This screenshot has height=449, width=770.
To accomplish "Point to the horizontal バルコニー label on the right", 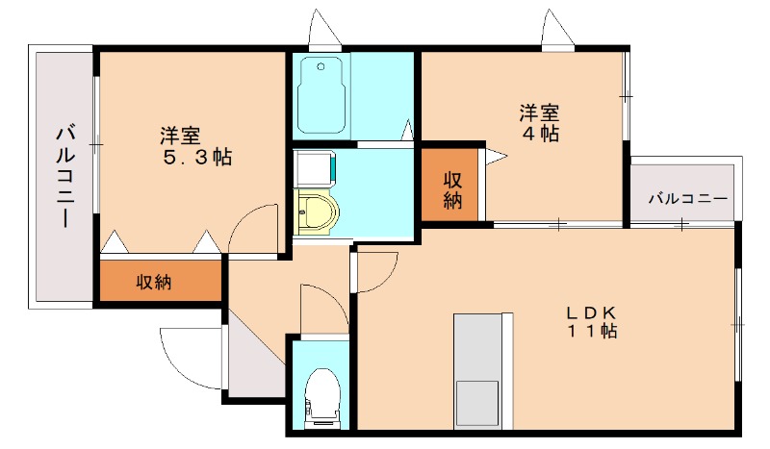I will [x=686, y=199].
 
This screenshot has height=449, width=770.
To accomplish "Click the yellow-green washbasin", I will [x=316, y=212].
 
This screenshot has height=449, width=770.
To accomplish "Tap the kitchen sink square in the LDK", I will [x=477, y=403].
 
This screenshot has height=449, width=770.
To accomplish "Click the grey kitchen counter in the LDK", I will [x=477, y=346].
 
